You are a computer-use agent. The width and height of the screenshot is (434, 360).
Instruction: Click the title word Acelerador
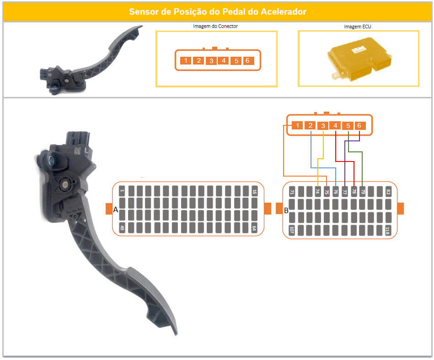(x=284, y=11)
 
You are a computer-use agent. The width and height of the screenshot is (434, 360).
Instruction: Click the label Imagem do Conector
(x=215, y=26)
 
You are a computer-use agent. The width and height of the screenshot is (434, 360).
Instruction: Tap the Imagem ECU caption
(x=357, y=27)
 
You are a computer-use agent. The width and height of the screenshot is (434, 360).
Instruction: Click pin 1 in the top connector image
(x=186, y=61)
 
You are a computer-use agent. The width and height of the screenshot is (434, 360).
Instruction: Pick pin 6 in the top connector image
(x=247, y=61)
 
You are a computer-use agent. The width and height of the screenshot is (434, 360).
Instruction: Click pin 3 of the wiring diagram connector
(x=323, y=126)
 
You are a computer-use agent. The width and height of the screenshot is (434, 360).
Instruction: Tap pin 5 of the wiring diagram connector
(x=348, y=126)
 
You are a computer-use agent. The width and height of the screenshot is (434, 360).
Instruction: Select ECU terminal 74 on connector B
(x=318, y=191)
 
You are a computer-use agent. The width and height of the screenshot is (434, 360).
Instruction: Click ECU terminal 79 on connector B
(x=363, y=191)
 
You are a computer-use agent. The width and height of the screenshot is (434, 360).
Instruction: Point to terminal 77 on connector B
(x=345, y=191)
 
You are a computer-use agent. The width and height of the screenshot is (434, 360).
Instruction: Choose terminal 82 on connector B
(x=388, y=191)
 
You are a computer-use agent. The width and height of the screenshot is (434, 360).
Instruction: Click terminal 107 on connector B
(x=292, y=230)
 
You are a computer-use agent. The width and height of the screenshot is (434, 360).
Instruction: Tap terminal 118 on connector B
(x=388, y=230)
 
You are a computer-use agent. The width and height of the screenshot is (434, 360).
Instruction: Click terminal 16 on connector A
(x=254, y=191)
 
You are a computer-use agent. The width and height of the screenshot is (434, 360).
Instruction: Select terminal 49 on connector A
(x=122, y=228)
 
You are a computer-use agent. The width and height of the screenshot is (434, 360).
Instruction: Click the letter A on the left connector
(x=116, y=210)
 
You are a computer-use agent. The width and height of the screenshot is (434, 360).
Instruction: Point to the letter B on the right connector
(x=286, y=211)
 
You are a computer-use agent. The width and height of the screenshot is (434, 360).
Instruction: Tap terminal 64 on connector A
(x=254, y=228)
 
